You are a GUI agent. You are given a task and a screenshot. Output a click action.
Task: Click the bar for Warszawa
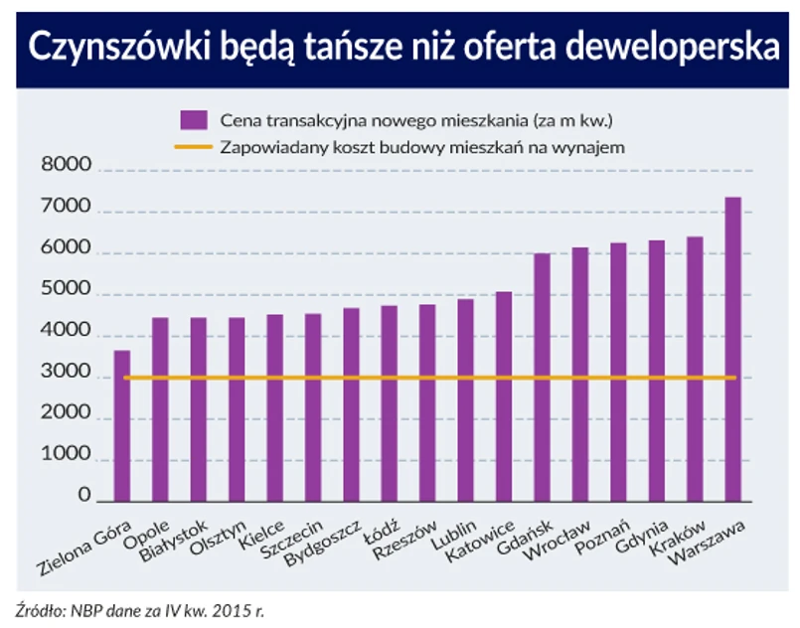[732, 349]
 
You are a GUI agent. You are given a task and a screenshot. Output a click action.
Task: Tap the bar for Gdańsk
[542, 378]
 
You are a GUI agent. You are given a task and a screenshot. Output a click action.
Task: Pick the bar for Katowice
[504, 396]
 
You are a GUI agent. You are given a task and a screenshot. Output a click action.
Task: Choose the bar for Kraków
[695, 369]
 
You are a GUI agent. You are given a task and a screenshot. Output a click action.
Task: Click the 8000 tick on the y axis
[66, 170]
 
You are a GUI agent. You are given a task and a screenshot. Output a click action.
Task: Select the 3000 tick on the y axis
[66, 378]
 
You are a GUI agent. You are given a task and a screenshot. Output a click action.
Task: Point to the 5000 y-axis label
[66, 295]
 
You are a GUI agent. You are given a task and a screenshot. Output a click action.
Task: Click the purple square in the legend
[193, 120]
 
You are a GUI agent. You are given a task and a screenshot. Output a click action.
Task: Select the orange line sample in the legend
[193, 147]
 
